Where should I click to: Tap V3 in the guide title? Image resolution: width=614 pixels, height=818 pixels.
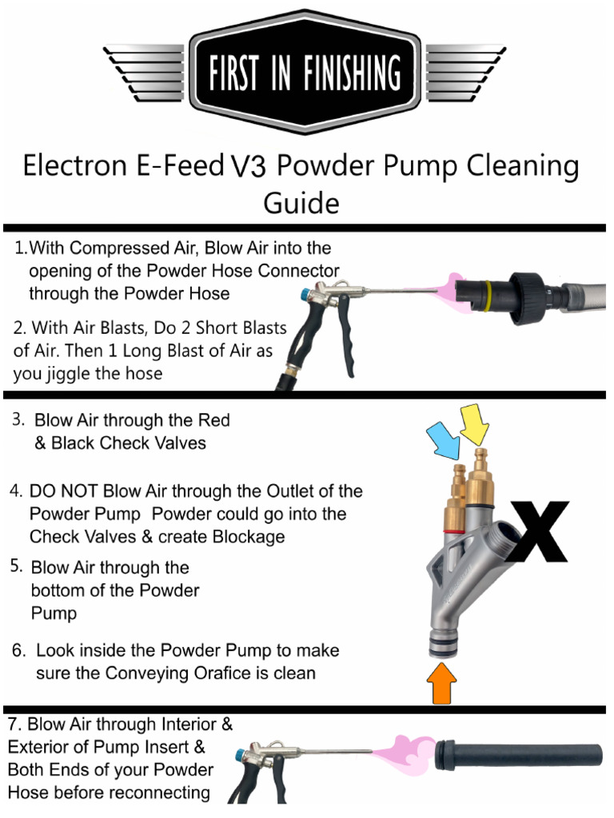tap(248, 167)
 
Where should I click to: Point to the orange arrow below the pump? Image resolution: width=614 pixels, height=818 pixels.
tap(443, 684)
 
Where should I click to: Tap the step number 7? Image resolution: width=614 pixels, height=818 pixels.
tap(14, 725)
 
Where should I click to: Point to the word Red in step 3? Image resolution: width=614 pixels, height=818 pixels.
tap(213, 420)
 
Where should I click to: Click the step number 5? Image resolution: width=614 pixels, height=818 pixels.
tap(17, 566)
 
